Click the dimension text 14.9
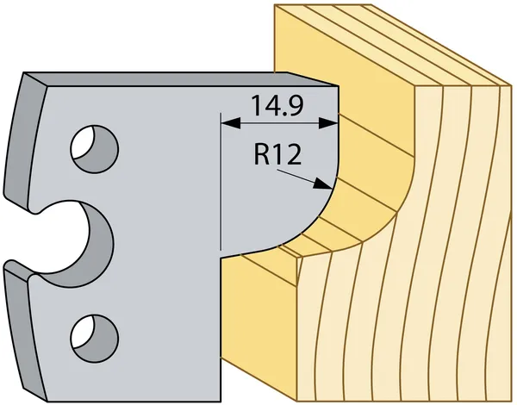coord(277,105)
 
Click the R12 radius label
coord(277,155)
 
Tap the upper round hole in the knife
coord(95,148)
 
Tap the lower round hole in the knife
coord(95,338)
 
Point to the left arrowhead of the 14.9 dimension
coord(231,124)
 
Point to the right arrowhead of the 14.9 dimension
coord(328,124)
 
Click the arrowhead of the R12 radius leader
coord(322,184)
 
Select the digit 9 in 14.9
coord(294,105)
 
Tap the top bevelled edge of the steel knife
coord(181,79)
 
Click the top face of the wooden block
coord(389,43)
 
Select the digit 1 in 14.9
coord(257,105)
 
